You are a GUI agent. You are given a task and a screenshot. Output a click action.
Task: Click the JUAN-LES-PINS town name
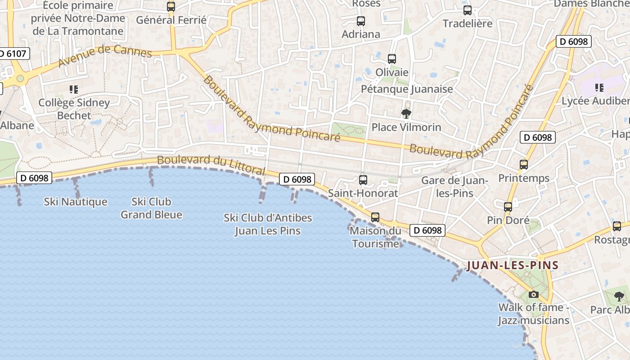(513, 265)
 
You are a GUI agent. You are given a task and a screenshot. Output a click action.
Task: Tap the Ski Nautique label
(76, 202)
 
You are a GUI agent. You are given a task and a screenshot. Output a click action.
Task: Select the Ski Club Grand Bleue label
(151, 208)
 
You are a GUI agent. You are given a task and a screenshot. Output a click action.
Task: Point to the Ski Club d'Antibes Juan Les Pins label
(268, 224)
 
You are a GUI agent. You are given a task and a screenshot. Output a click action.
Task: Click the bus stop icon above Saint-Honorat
(363, 180)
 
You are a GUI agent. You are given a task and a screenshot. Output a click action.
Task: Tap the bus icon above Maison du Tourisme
(375, 217)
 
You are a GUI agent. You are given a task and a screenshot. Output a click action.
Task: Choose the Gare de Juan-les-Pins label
(454, 187)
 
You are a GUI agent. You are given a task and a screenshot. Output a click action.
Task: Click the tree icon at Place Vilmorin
(406, 114)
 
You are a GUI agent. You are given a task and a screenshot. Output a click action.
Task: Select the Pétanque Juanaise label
(407, 89)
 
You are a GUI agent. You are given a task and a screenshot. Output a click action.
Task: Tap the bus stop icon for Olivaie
(392, 59)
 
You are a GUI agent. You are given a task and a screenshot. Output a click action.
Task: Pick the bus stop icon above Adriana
(361, 21)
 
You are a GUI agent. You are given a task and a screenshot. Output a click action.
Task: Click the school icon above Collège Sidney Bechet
(74, 90)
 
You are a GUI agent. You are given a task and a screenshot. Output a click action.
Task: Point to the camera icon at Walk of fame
(534, 295)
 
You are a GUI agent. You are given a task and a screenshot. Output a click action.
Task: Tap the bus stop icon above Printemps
(524, 165)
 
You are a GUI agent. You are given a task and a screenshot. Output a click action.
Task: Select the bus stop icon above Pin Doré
(508, 207)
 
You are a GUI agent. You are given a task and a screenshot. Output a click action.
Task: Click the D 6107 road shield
(13, 54)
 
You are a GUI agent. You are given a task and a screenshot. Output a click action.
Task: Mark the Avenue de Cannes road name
(105, 55)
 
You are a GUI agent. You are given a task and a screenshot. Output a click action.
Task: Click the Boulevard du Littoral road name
(211, 165)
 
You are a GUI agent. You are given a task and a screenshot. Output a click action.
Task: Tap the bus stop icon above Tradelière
(468, 10)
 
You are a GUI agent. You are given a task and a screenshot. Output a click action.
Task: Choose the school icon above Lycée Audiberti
(599, 87)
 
